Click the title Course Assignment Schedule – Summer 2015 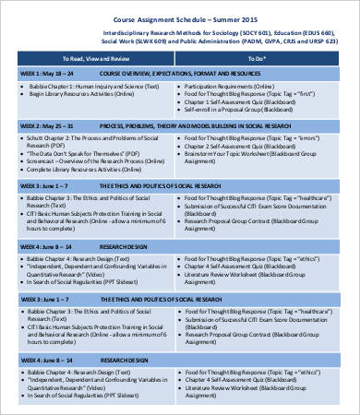tap(180, 18)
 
